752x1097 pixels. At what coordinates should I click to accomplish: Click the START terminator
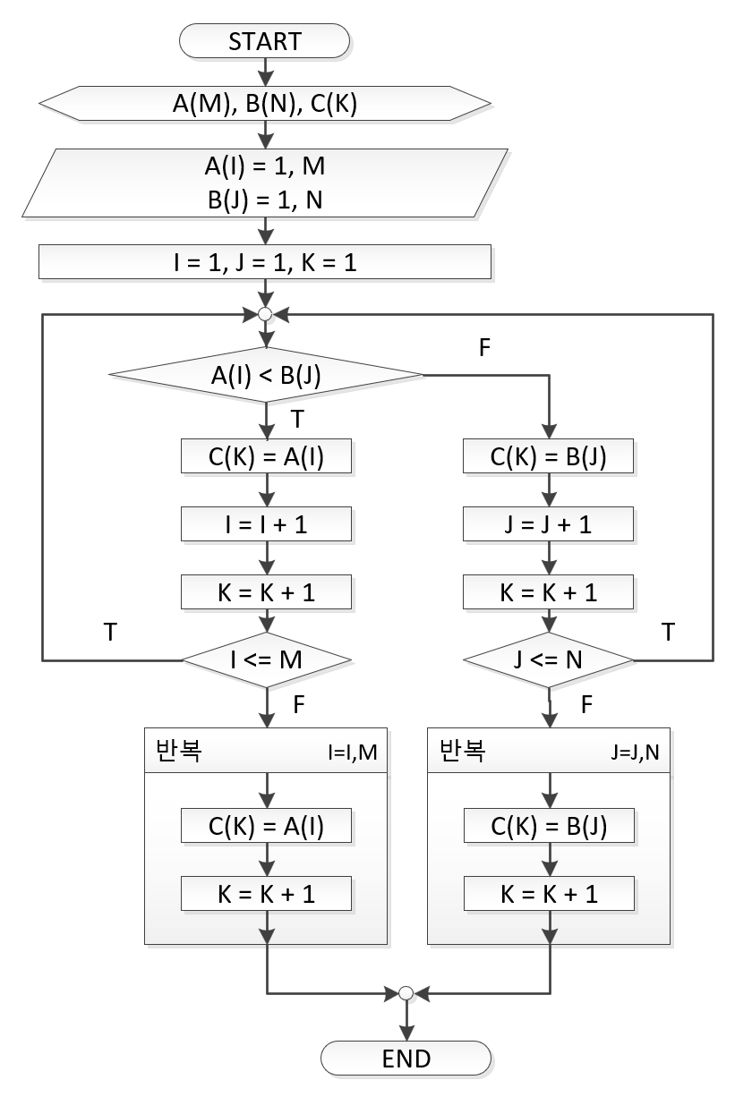tap(265, 41)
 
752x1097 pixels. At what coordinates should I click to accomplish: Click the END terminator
tap(406, 1058)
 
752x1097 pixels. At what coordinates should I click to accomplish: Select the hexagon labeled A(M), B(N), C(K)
tap(265, 103)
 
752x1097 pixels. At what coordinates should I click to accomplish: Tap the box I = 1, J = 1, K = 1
tap(265, 263)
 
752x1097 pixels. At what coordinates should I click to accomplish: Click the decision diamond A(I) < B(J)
tap(265, 374)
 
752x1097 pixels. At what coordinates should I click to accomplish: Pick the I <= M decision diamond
tap(266, 660)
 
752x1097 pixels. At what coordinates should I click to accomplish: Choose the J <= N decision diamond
tap(549, 660)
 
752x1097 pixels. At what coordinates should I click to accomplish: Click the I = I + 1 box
tap(266, 524)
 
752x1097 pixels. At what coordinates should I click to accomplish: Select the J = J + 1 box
tap(549, 524)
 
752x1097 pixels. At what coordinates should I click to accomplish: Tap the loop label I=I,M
tap(352, 753)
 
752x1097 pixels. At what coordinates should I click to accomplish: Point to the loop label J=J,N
tap(636, 753)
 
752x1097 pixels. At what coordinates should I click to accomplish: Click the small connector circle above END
tap(406, 993)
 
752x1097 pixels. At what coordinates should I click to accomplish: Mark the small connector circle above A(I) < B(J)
tap(265, 314)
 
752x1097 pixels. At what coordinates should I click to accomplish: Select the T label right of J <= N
tap(668, 633)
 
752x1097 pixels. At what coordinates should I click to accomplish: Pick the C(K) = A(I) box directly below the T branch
tap(266, 457)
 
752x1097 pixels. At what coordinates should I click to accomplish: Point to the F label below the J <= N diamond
tap(587, 706)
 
